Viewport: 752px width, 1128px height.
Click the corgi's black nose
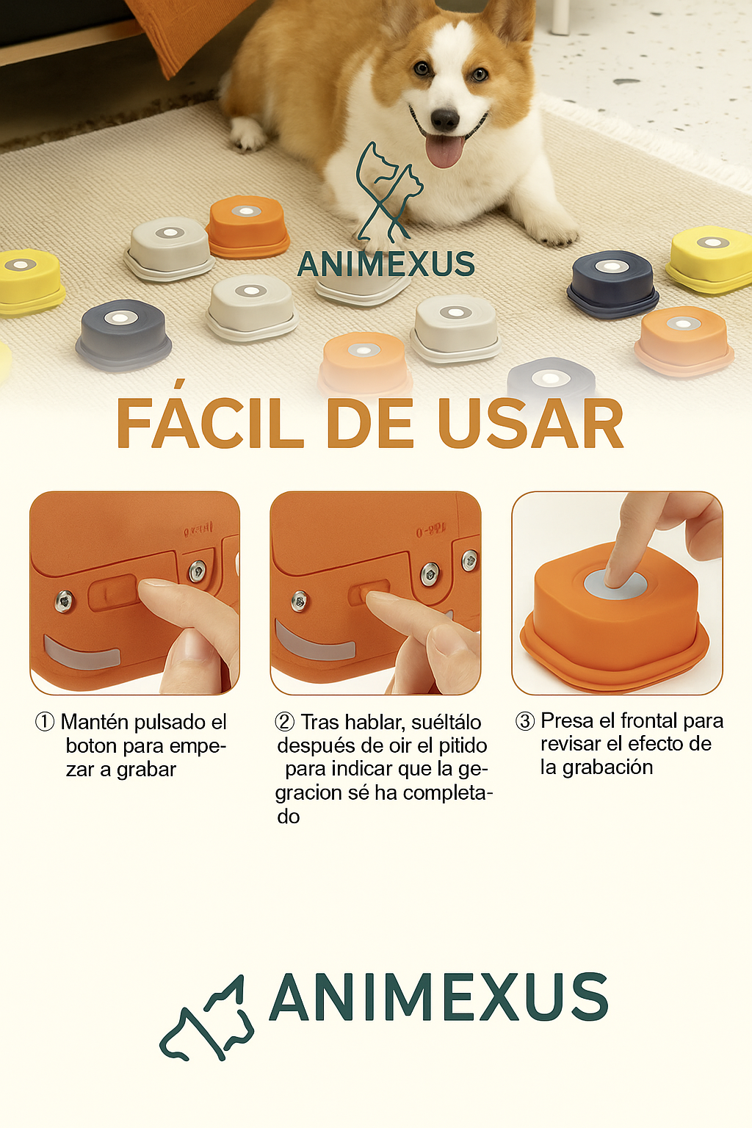click(445, 118)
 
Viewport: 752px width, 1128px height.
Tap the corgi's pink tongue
click(445, 150)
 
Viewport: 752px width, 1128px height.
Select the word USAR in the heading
click(530, 424)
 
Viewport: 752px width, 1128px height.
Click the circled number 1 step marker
click(45, 722)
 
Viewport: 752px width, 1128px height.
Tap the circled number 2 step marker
click(284, 722)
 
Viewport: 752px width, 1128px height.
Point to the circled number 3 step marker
click(524, 721)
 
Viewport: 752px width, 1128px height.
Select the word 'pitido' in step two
click(463, 745)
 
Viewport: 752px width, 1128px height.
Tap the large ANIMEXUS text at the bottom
click(438, 997)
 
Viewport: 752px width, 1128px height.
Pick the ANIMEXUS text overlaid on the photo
click(386, 264)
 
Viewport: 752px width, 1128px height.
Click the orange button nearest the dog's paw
click(247, 225)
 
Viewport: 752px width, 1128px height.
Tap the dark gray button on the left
click(123, 333)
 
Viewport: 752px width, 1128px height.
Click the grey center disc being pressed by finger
click(615, 585)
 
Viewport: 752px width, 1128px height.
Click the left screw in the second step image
click(300, 601)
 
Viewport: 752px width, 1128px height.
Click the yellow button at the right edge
click(711, 258)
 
